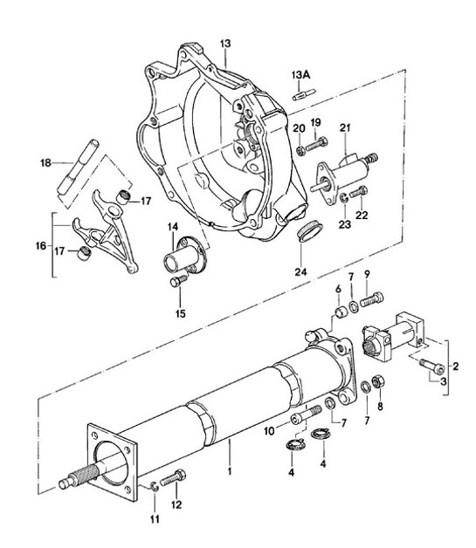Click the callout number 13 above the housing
pyautogui.click(x=225, y=43)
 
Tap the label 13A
pyautogui.click(x=300, y=75)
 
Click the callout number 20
pyautogui.click(x=300, y=129)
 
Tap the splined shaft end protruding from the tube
pyautogui.click(x=74, y=480)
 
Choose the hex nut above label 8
pyautogui.click(x=379, y=380)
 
